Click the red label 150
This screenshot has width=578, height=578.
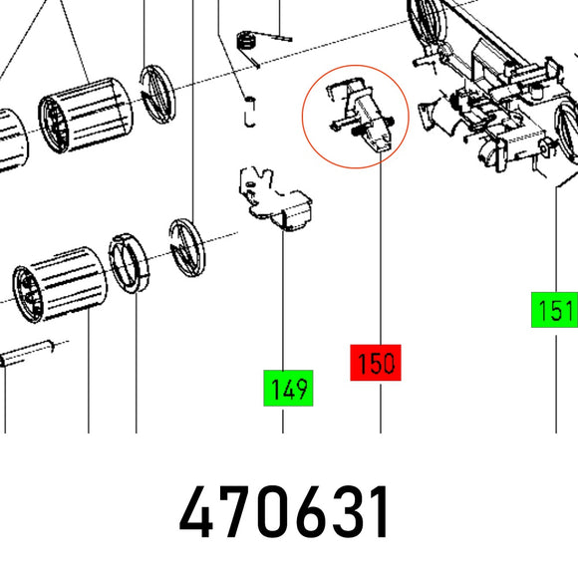(x=376, y=363)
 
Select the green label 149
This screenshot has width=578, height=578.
(x=288, y=389)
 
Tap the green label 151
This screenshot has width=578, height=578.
(x=554, y=310)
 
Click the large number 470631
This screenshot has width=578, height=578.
(x=283, y=512)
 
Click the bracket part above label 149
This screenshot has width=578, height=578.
(x=276, y=199)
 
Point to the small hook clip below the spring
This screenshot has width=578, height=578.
(x=250, y=112)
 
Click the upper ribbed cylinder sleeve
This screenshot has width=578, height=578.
(x=86, y=115)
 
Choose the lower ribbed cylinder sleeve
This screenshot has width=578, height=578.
(x=60, y=285)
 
